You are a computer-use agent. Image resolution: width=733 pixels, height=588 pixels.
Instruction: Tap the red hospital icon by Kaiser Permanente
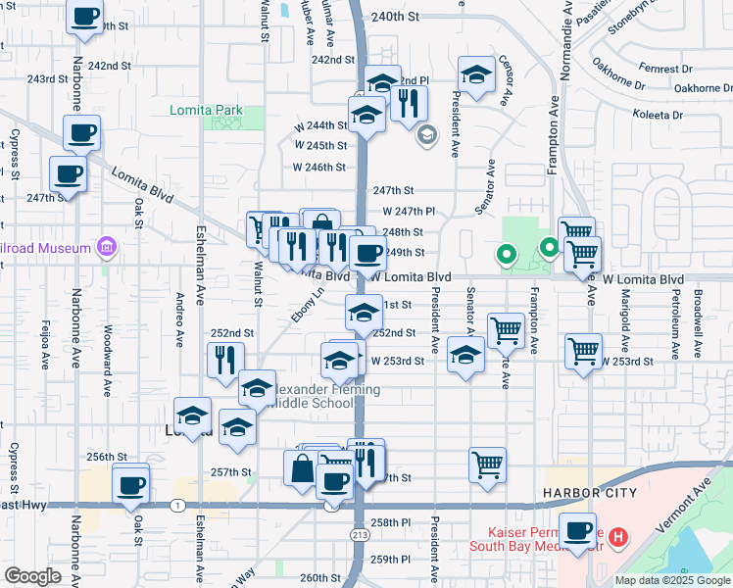pos(617,537)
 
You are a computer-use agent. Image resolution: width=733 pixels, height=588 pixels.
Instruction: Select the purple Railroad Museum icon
pos(106,249)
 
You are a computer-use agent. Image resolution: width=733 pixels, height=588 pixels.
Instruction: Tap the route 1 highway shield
pos(177,506)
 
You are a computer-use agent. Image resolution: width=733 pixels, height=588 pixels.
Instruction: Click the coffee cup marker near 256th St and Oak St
pos(130,483)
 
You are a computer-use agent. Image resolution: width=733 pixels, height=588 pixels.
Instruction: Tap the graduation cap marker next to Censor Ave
pos(476,74)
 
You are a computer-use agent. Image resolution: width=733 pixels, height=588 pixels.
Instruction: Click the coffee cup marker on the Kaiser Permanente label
pos(578,529)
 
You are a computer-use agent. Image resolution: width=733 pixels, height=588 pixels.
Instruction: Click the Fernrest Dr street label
pos(664,70)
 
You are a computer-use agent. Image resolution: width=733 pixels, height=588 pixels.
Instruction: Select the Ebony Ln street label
pos(307,305)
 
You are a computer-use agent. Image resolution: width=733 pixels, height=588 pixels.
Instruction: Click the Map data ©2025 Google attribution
pos(672,580)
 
